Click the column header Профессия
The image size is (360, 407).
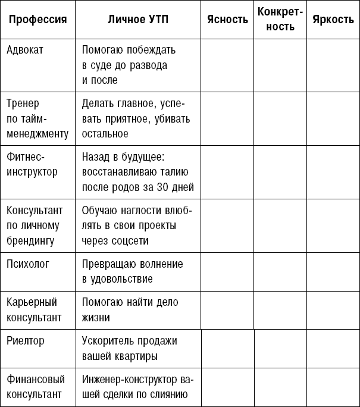coord(37,20)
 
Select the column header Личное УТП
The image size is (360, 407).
coord(138,20)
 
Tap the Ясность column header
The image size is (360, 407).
coord(227,20)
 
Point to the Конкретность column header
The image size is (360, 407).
coord(280,20)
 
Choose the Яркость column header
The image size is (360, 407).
coord(333,20)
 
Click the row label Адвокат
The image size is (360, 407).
coord(24,49)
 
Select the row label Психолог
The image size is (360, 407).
coord(28,263)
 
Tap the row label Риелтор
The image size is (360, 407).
coord(26,341)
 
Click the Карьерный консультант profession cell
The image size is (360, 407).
coord(34,309)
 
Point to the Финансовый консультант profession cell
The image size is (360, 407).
coord(35,386)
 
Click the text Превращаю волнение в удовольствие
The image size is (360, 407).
coord(132,271)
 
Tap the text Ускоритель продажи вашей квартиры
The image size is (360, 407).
coord(129,349)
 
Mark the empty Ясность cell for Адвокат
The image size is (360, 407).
coord(227,64)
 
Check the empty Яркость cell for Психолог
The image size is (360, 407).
coord(333,271)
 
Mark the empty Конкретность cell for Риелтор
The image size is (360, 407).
coord(281,349)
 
